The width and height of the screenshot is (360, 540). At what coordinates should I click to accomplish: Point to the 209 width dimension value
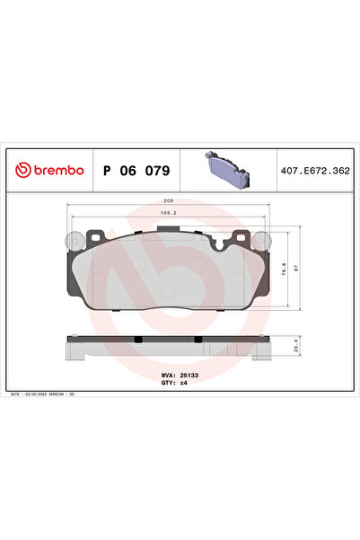tap(167, 201)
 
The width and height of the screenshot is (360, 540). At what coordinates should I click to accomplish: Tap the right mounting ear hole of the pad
tap(261, 240)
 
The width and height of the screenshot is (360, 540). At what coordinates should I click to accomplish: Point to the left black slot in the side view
tap(139, 339)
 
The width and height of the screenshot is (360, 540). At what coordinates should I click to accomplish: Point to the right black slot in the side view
tap(196, 339)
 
